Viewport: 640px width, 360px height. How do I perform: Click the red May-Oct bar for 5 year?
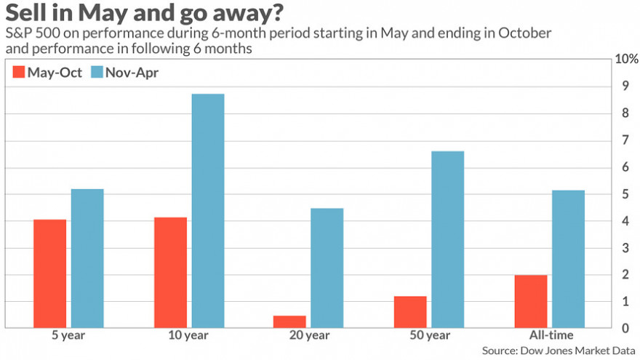tap(50, 273)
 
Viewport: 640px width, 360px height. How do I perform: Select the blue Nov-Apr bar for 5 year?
tap(87, 258)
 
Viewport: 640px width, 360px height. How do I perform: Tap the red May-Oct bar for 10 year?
tap(170, 273)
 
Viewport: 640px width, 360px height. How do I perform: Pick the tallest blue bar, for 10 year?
tap(207, 211)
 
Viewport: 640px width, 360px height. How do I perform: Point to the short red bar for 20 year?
tap(289, 321)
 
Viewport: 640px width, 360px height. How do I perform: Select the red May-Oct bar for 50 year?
tap(410, 312)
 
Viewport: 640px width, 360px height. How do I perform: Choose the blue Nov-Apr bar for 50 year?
tap(447, 239)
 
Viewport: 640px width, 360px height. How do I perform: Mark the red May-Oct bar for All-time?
tap(530, 301)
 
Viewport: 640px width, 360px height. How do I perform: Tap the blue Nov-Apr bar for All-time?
tap(567, 259)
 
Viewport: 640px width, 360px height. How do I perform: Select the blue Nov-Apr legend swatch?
tap(97, 72)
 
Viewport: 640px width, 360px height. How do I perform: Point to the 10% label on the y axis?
tap(625, 59)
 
